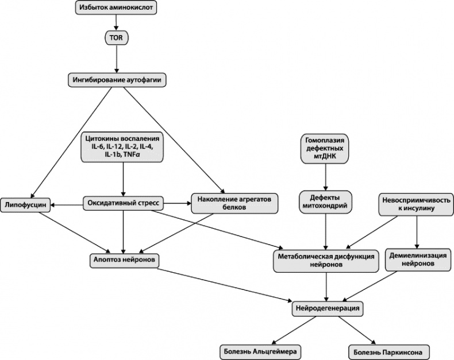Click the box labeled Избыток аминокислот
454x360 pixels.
[116, 9]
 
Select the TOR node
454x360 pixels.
[117, 38]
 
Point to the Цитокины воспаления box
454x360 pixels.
[122, 147]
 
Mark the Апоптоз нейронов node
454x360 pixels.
[124, 260]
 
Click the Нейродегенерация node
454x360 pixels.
[328, 308]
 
